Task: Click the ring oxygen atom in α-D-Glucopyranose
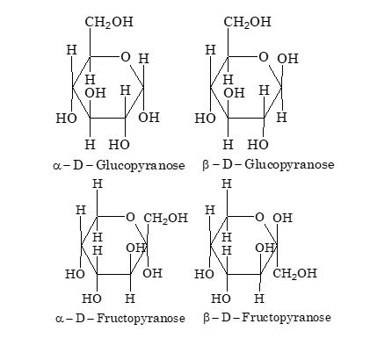(126, 57)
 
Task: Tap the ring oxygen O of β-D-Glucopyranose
(264, 57)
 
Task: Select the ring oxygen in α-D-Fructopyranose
(130, 217)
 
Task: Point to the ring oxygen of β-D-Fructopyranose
(259, 217)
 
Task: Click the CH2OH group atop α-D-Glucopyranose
(109, 22)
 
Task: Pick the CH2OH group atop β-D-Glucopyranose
(248, 22)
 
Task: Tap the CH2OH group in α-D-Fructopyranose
(165, 219)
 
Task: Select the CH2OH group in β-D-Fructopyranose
(294, 273)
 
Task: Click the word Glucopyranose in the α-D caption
(141, 165)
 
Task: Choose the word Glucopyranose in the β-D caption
(289, 164)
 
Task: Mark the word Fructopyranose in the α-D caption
(141, 318)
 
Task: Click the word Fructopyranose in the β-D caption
(287, 318)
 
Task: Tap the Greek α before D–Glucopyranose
(56, 166)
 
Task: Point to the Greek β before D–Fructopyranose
(206, 318)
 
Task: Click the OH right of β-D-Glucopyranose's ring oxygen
(287, 59)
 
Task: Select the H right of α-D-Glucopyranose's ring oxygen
(143, 59)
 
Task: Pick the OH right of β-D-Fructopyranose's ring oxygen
(282, 218)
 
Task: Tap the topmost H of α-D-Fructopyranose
(98, 184)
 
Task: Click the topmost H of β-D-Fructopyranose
(227, 184)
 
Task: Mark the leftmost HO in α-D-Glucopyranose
(67, 119)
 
